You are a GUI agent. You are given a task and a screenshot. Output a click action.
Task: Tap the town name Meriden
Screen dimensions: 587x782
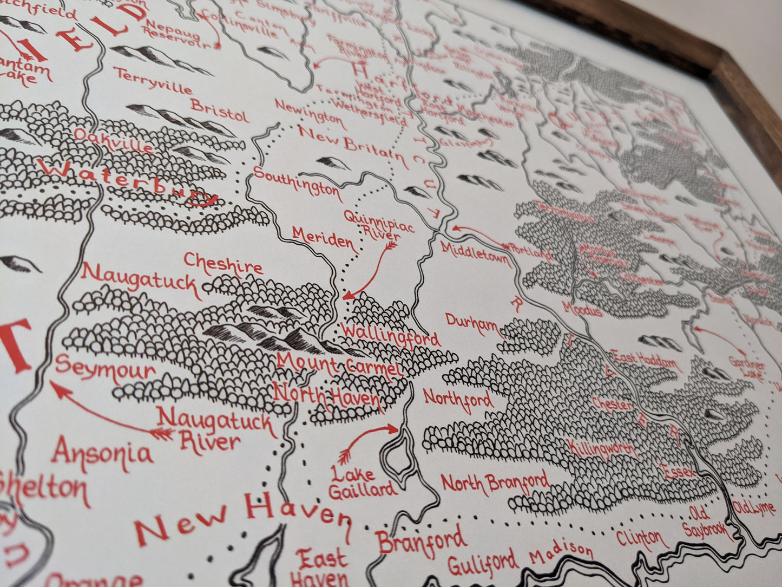point(323,239)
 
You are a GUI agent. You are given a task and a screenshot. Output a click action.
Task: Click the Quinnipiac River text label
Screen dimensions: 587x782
point(379,225)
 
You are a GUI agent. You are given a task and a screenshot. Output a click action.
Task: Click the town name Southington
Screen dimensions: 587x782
point(297,182)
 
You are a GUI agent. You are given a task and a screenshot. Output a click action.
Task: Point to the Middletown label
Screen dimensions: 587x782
point(476,253)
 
